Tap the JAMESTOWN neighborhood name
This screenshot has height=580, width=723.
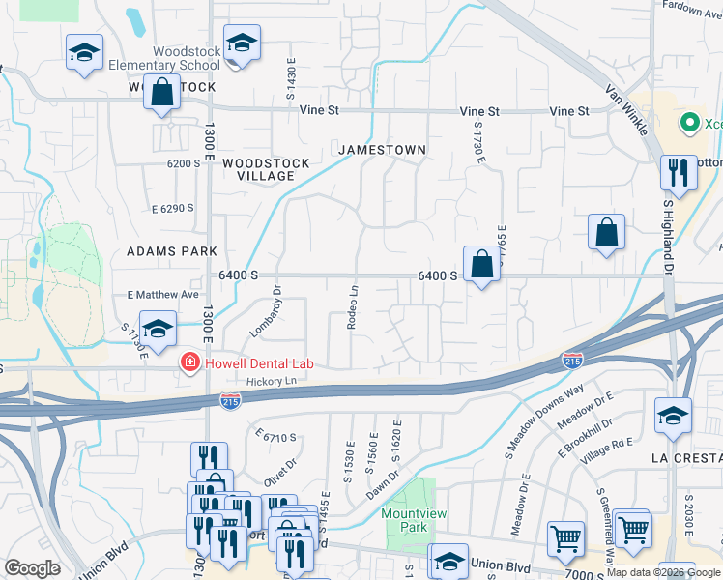[x=382, y=150]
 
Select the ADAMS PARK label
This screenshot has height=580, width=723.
[x=172, y=250]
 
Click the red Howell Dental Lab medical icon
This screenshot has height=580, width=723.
[x=190, y=362]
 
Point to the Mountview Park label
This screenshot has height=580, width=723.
[x=404, y=520]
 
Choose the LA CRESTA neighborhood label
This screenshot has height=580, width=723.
[x=682, y=456]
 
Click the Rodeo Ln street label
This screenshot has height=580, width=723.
[x=354, y=306]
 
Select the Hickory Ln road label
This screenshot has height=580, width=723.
[x=270, y=382]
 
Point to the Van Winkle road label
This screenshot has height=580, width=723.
[x=625, y=107]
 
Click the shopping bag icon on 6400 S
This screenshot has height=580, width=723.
[x=481, y=263]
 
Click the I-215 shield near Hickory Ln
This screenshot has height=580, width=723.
[x=231, y=398]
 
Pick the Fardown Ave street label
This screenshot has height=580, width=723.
[x=690, y=5]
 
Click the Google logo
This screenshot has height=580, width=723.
[x=32, y=568]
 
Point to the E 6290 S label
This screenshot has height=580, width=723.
[x=173, y=208]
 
